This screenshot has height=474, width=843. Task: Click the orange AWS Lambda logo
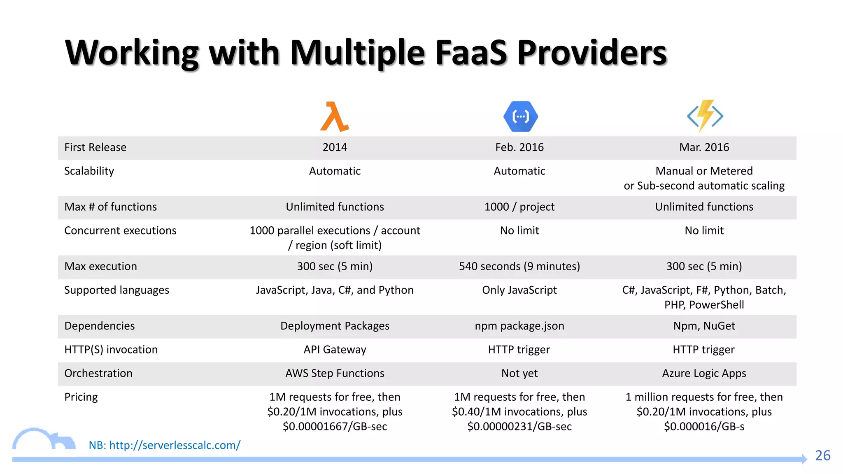pyautogui.click(x=335, y=117)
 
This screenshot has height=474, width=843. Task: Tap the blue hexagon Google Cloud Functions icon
pyautogui.click(x=520, y=117)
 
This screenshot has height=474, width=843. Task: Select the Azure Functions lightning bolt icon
pyautogui.click(x=705, y=116)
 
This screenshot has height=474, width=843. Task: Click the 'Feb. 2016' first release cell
pyautogui.click(x=519, y=147)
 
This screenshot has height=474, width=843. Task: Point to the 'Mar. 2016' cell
pyautogui.click(x=704, y=147)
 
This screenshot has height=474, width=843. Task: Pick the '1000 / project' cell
pyautogui.click(x=519, y=207)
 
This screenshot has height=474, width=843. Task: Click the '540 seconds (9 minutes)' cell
pyautogui.click(x=519, y=267)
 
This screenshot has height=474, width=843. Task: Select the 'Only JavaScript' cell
pyautogui.click(x=519, y=290)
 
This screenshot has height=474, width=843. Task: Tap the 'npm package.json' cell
pyautogui.click(x=519, y=326)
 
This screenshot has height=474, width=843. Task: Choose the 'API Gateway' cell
pyautogui.click(x=335, y=350)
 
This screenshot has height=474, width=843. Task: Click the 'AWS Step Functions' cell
pyautogui.click(x=335, y=373)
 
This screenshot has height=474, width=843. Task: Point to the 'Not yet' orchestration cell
pyautogui.click(x=519, y=373)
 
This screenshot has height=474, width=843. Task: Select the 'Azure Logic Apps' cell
pyautogui.click(x=704, y=373)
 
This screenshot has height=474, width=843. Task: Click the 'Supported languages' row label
pyautogui.click(x=116, y=290)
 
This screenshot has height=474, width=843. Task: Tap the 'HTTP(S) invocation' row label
pyautogui.click(x=111, y=350)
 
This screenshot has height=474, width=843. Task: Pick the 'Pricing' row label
pyautogui.click(x=81, y=397)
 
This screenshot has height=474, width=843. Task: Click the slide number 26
pyautogui.click(x=822, y=455)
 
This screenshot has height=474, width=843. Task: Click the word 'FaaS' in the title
pyautogui.click(x=471, y=53)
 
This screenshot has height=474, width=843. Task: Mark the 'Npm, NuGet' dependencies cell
pyautogui.click(x=704, y=326)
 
